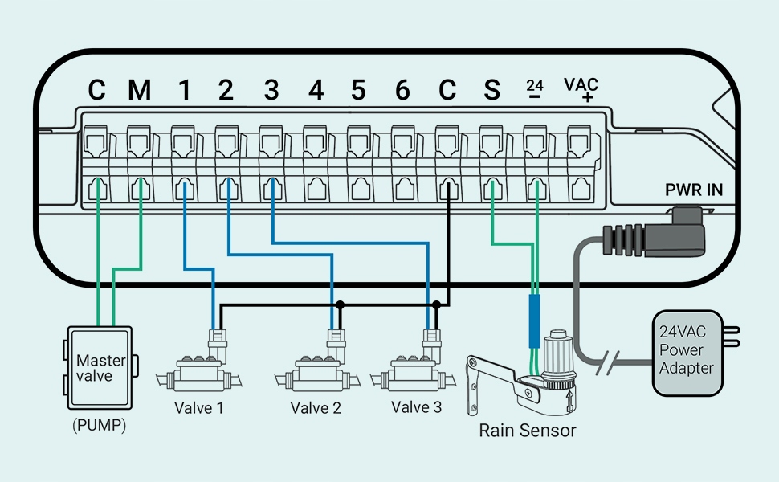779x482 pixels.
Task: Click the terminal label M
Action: (x=140, y=91)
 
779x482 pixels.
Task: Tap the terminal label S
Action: (x=491, y=91)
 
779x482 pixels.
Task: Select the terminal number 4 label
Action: (x=316, y=91)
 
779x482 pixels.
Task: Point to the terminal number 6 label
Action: (x=402, y=91)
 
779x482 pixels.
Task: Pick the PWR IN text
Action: (x=694, y=190)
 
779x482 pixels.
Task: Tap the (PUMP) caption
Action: (x=100, y=425)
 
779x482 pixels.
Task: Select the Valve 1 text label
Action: (x=198, y=408)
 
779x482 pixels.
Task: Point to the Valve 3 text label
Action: (x=416, y=407)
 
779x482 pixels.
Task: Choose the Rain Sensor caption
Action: (x=527, y=431)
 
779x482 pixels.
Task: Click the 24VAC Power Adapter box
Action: (x=687, y=353)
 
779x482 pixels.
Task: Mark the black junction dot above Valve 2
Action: (x=340, y=305)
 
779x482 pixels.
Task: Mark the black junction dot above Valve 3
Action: (x=437, y=305)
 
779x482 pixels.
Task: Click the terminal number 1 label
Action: (x=185, y=91)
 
